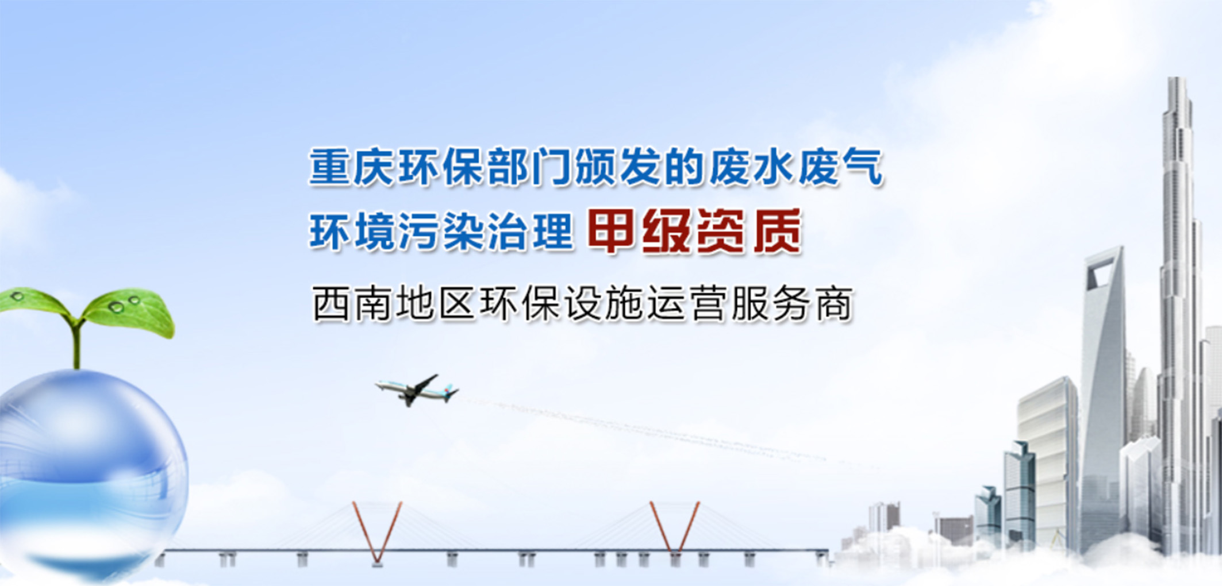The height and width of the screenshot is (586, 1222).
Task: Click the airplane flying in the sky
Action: click(x=416, y=391)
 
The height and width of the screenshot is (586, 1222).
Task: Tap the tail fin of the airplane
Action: click(x=452, y=392)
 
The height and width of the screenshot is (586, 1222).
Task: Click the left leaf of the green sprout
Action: click(x=34, y=302)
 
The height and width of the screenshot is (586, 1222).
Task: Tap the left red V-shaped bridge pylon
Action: click(x=377, y=531)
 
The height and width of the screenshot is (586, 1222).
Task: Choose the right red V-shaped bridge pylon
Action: click(x=675, y=529)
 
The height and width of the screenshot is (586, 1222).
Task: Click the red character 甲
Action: click(x=610, y=232)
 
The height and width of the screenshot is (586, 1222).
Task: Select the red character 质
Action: click(x=777, y=232)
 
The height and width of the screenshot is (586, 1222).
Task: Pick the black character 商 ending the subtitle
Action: click(x=834, y=304)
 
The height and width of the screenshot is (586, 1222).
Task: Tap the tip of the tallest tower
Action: click(x=1177, y=80)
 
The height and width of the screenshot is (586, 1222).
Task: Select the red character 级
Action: click(x=666, y=232)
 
